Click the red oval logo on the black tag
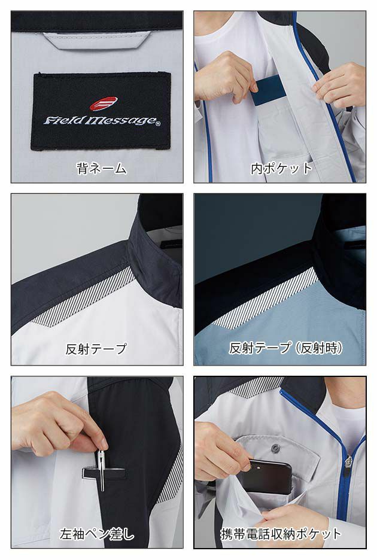[103, 104]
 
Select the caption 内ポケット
[281, 168]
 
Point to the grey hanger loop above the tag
[96, 41]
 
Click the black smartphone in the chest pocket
[269, 476]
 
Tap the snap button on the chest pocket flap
[276, 448]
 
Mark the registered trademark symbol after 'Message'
[158, 124]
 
